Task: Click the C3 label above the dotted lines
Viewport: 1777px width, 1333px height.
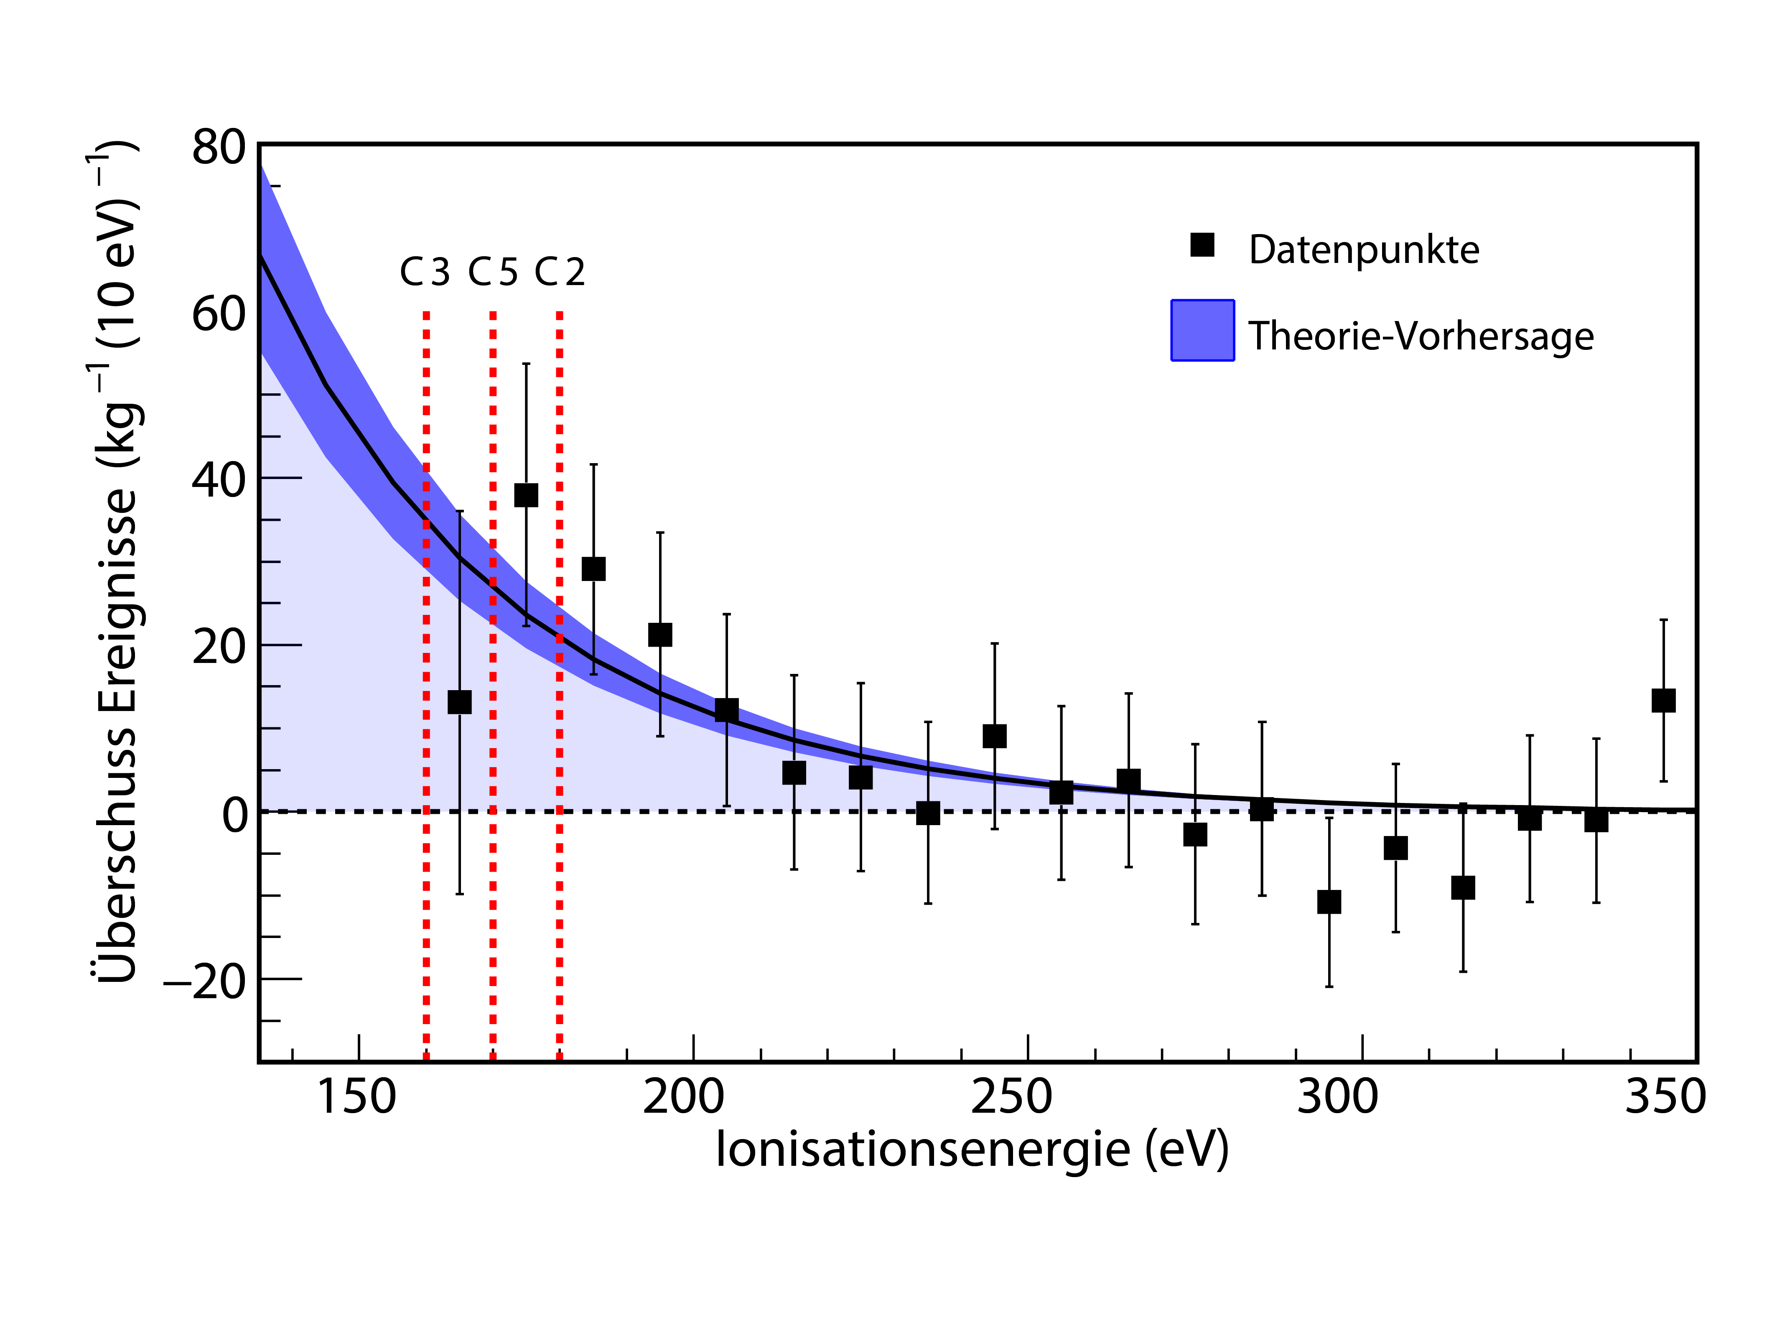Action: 425,273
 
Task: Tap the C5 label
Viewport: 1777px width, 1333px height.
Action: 492,273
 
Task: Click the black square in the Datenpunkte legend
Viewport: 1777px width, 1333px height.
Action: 1202,245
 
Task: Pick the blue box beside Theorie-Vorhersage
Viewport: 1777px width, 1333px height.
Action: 1202,330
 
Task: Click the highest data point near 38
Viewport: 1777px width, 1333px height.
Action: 526,495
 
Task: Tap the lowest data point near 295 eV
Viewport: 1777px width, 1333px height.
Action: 1329,902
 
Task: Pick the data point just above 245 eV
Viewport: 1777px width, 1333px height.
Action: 995,736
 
